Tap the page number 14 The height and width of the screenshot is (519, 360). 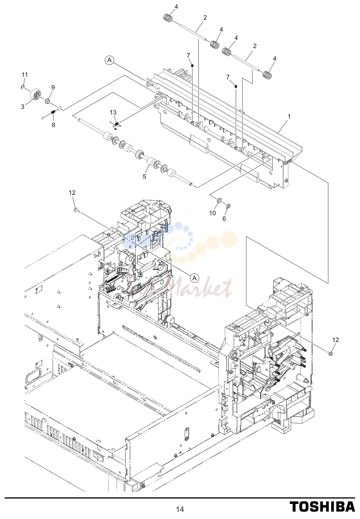point(180,509)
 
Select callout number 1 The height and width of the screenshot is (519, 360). point(289,117)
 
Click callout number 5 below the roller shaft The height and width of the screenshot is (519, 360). point(144,177)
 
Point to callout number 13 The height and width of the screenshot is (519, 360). point(113,112)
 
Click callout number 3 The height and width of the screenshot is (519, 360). point(22,107)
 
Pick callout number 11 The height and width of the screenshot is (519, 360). point(25,75)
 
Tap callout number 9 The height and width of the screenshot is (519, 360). point(53,87)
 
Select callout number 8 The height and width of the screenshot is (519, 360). point(53,125)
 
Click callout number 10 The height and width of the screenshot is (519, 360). point(212,213)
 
